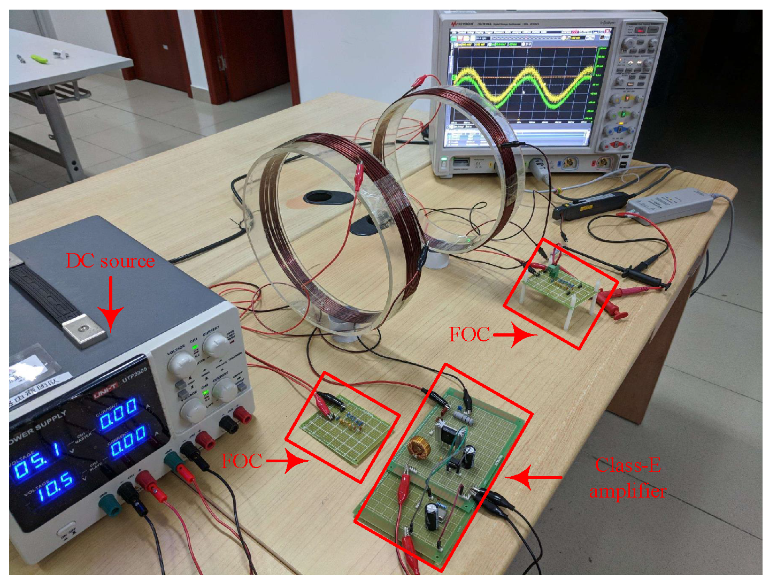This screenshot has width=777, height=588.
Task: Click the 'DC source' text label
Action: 110,261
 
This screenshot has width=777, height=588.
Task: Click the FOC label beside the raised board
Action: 470,334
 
